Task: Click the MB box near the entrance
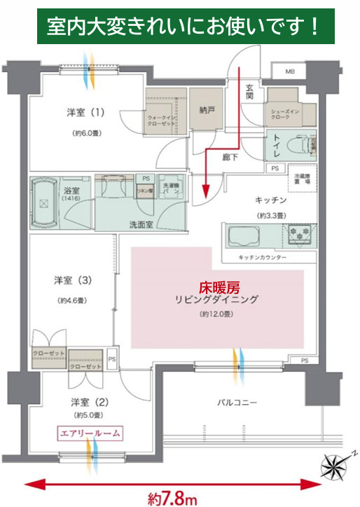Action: [290, 71]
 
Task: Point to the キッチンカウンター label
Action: [262, 258]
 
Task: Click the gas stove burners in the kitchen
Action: [300, 234]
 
